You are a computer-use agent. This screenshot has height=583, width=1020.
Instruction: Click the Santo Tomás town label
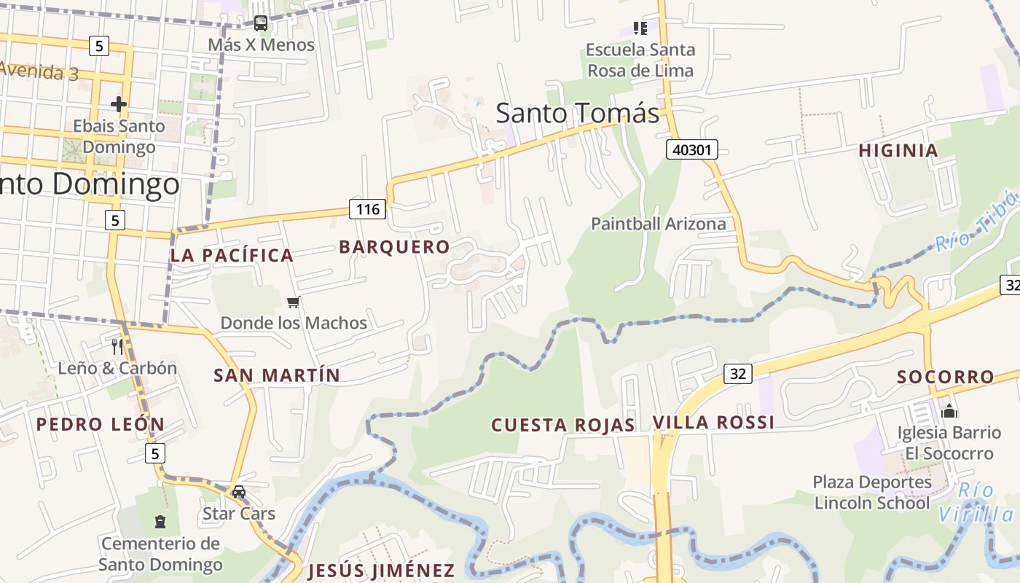pos(577,113)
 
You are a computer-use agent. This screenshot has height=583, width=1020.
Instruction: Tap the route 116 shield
pos(367,210)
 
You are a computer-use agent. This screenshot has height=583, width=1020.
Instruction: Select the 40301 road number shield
pos(691,150)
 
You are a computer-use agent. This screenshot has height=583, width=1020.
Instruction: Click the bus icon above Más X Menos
pos(261,23)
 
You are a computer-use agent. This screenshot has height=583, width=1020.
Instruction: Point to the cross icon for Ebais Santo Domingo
pos(119,104)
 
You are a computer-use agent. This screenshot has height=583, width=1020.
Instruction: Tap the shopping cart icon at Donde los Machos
pos(294,302)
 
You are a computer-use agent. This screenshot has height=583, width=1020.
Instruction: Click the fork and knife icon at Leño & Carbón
pos(117,346)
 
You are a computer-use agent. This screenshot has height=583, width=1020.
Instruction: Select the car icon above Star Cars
pos(239,492)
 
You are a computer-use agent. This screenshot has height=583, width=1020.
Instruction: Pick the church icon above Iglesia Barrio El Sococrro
pos(949,411)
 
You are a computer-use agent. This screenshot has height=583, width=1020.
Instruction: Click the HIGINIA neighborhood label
pos(898,151)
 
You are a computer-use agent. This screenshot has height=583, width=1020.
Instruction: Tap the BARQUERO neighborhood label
pos(394,247)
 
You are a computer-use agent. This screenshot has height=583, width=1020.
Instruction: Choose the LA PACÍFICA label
pos(232,255)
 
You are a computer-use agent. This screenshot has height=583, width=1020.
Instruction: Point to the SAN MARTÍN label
pos(277,375)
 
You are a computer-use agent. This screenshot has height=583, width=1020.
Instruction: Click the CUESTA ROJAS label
pos(562,425)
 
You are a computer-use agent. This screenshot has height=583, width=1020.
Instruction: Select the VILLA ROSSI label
pos(713,423)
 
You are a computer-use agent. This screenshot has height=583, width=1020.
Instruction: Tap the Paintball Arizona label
pos(658,224)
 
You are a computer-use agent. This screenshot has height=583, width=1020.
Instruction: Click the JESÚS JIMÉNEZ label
pos(381,570)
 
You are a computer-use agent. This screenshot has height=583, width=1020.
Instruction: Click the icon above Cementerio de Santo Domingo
pos(160,522)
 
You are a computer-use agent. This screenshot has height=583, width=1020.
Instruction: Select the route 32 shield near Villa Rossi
pos(737,375)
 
